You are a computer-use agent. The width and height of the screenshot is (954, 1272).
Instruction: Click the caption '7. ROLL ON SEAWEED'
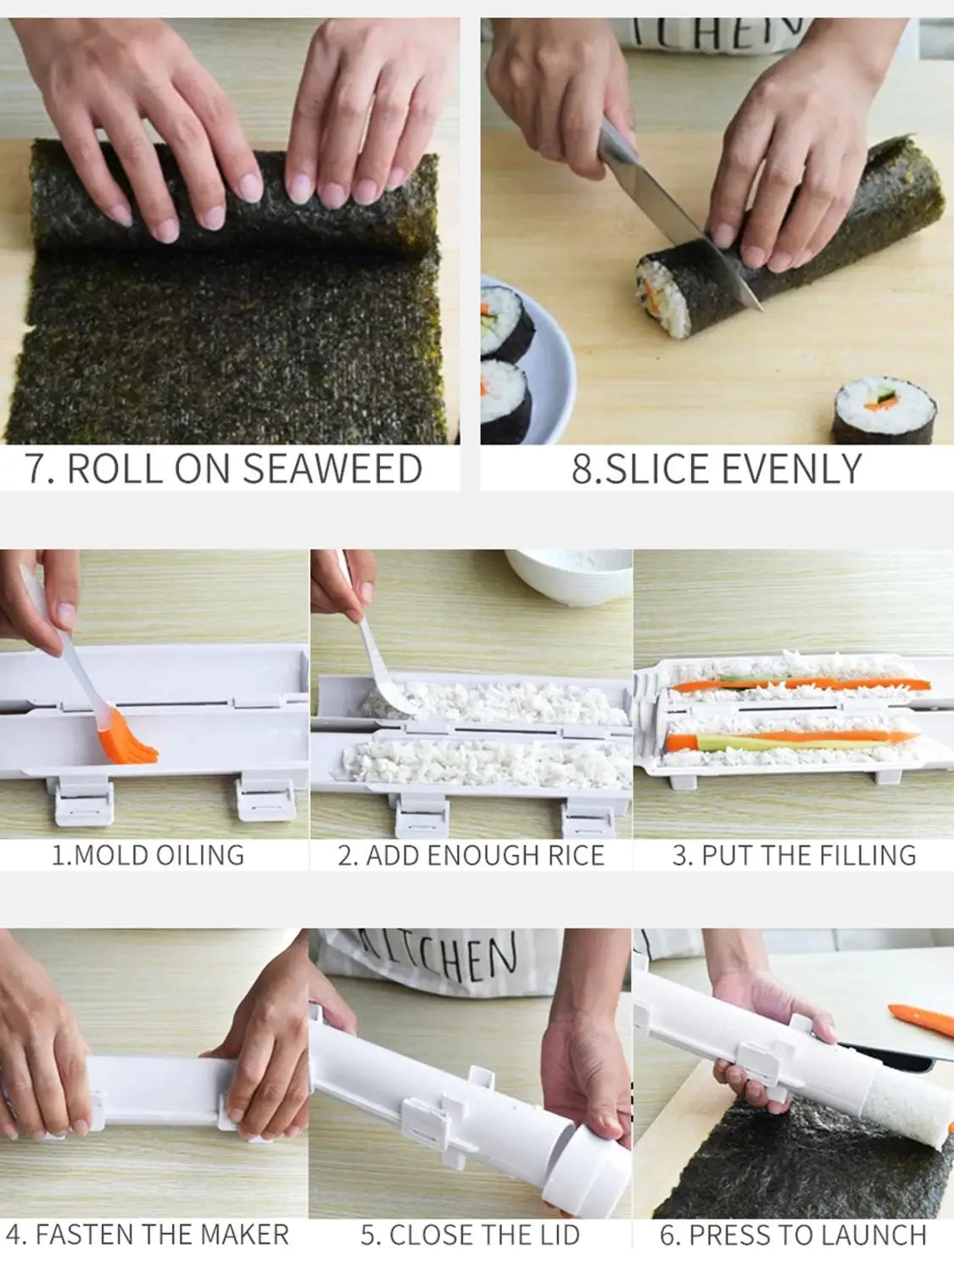click(223, 469)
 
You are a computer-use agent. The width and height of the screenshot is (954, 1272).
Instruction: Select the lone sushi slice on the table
click(884, 410)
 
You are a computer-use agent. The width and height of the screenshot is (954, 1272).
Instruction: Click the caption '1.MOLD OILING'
click(148, 855)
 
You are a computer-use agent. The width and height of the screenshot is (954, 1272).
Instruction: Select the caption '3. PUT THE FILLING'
click(794, 855)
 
